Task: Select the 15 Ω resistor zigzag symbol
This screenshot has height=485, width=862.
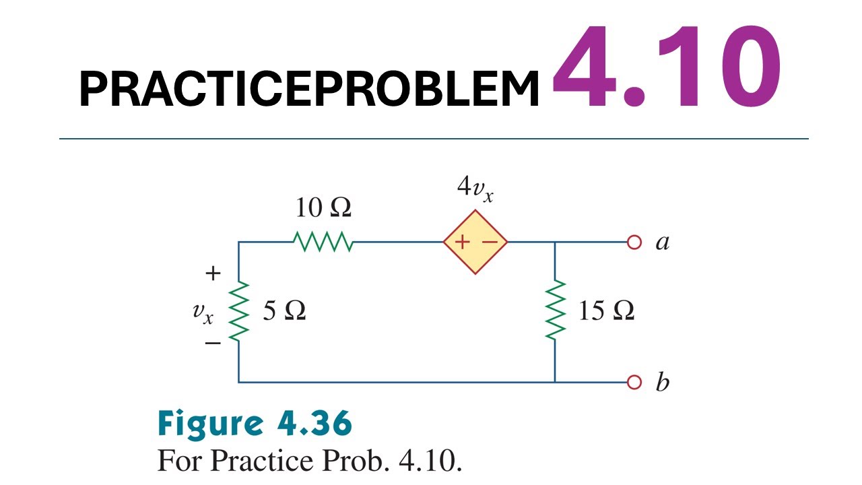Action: coord(555,311)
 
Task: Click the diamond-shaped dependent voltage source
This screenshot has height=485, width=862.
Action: coord(475,242)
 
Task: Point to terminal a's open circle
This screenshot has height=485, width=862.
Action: coord(633,242)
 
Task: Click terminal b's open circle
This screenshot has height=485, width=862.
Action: coord(633,383)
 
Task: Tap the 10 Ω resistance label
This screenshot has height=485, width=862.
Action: coord(323,208)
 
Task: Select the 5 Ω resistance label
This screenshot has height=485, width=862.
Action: coord(284,311)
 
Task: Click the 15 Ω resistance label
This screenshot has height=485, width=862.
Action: coord(606,311)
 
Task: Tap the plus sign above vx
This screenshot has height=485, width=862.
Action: coord(213,273)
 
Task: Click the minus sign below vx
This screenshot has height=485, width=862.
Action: coord(213,343)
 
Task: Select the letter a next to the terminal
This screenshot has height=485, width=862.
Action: coord(663,243)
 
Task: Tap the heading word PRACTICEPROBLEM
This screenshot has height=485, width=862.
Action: coord(309,89)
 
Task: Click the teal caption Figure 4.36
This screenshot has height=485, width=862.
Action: coord(255,424)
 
